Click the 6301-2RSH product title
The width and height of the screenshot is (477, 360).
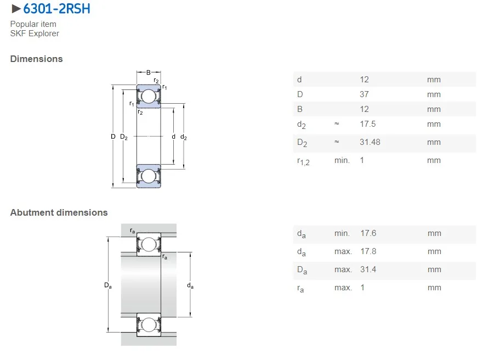(x=56, y=9)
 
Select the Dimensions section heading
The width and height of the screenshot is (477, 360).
(x=37, y=59)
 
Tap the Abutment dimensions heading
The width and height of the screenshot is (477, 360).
(x=59, y=212)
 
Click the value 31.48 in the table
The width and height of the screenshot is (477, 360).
(x=370, y=142)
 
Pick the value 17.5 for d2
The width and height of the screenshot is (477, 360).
(x=367, y=124)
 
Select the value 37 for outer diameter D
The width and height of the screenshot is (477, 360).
(x=364, y=94)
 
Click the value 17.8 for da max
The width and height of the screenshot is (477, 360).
(x=368, y=251)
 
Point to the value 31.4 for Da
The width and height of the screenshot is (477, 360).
(x=368, y=269)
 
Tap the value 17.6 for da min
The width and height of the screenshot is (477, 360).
(x=368, y=233)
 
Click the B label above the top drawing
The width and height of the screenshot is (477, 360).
(x=149, y=72)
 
